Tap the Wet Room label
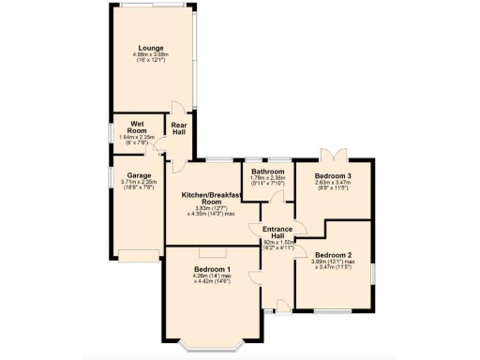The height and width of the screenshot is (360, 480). [124, 125]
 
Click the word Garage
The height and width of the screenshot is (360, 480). [140, 174]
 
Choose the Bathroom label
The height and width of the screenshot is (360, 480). [268, 172]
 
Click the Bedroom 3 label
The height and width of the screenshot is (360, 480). [333, 176]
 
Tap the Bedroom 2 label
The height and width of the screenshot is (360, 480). [333, 255]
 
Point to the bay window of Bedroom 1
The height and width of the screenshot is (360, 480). [212, 346]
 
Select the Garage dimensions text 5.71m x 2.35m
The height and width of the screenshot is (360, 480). [140, 184]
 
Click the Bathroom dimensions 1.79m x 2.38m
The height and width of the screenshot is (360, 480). [268, 181]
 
